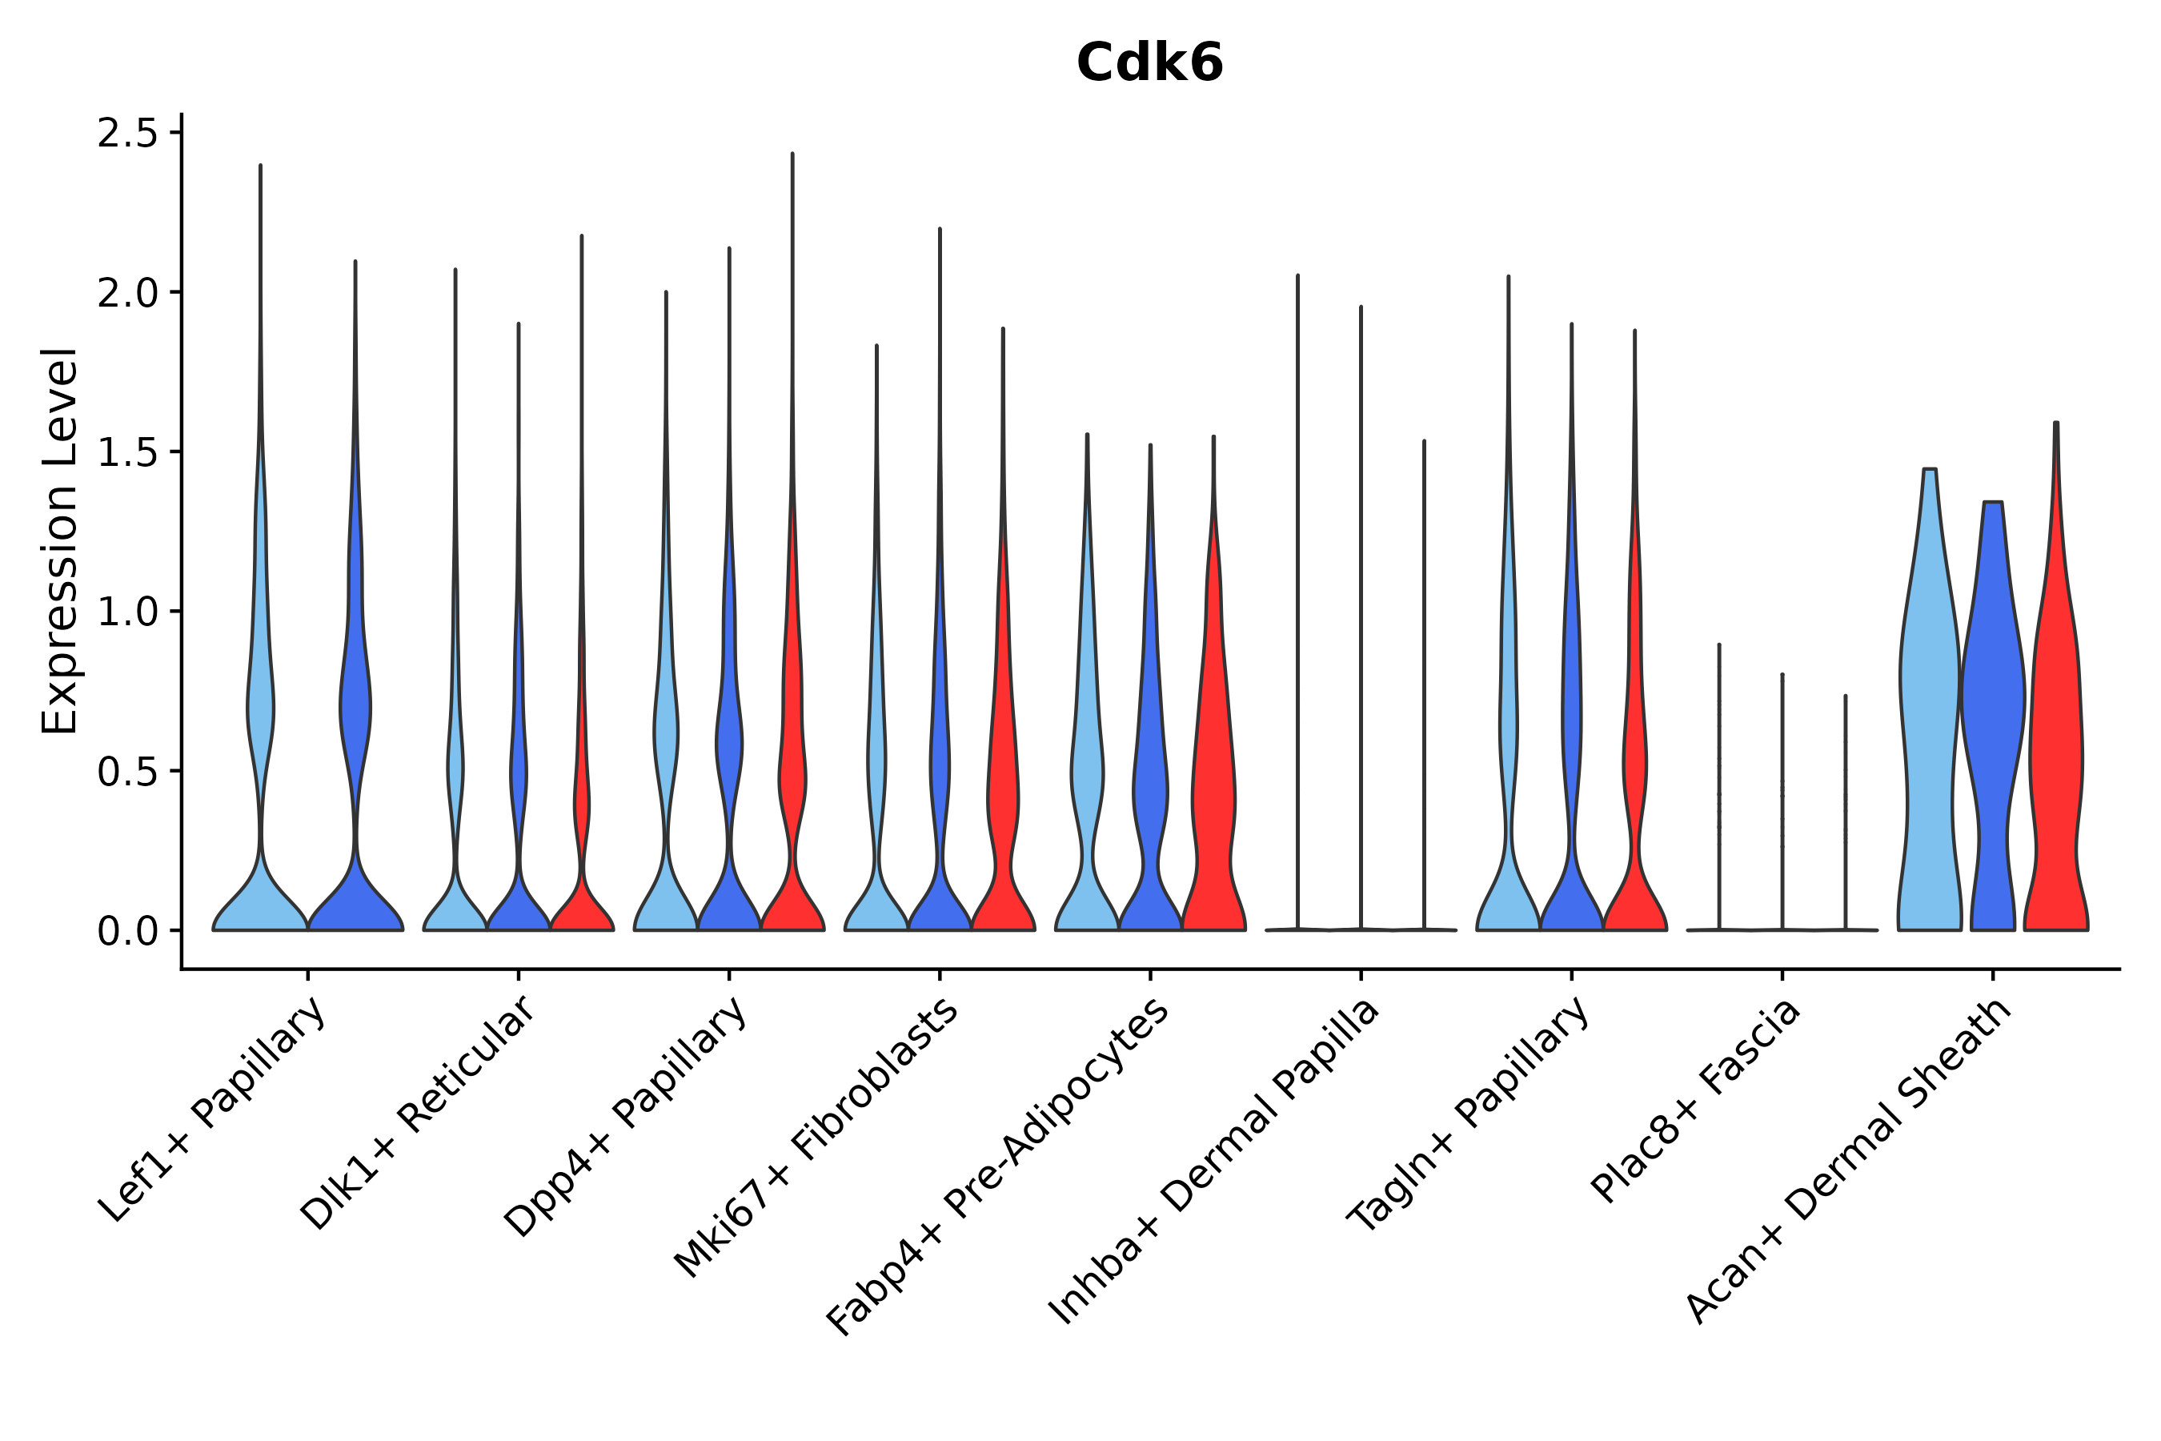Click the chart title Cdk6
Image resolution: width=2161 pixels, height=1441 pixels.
tap(1149, 63)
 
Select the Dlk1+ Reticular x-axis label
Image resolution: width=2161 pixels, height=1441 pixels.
tap(419, 1113)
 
